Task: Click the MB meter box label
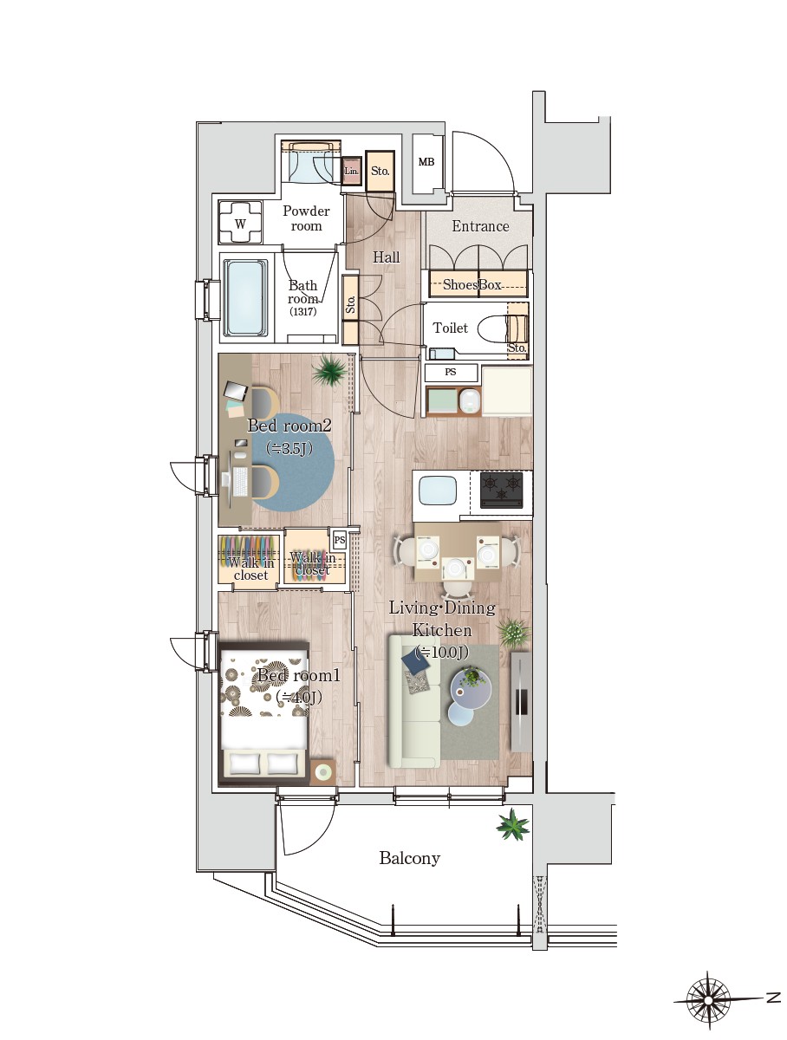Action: click(x=426, y=162)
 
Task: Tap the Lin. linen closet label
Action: click(x=351, y=171)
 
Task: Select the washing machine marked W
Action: click(x=240, y=223)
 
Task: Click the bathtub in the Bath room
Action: click(x=245, y=298)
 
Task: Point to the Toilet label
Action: click(x=450, y=328)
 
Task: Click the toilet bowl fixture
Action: click(x=501, y=328)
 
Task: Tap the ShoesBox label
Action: click(x=472, y=284)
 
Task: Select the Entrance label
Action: click(x=480, y=226)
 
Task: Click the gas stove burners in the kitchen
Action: click(x=501, y=490)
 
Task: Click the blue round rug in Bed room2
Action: click(x=292, y=462)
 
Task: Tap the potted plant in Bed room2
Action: click(x=328, y=370)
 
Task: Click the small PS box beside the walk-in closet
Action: click(x=339, y=540)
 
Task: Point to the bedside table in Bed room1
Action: click(x=323, y=773)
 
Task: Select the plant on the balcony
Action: click(x=512, y=825)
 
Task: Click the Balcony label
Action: click(x=409, y=858)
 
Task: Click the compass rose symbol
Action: click(x=708, y=1000)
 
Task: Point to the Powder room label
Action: click(x=306, y=218)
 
